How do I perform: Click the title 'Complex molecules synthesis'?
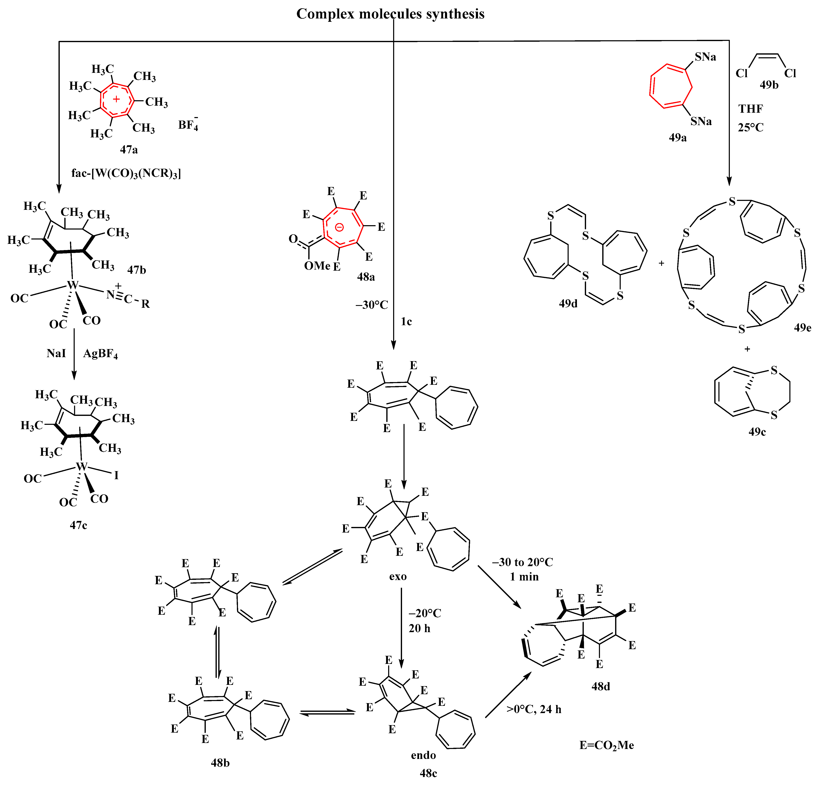tap(390, 14)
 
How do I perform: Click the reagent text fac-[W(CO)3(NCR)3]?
tap(126, 173)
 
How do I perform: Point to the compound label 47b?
tap(137, 270)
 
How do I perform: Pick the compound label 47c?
tap(78, 525)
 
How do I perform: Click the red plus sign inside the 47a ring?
tap(116, 99)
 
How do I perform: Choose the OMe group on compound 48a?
tap(317, 266)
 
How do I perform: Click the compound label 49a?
tap(677, 137)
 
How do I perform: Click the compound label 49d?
tap(568, 304)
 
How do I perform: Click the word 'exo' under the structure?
tap(398, 576)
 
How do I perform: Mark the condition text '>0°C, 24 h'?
tap(534, 709)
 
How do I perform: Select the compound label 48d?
tap(601, 686)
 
